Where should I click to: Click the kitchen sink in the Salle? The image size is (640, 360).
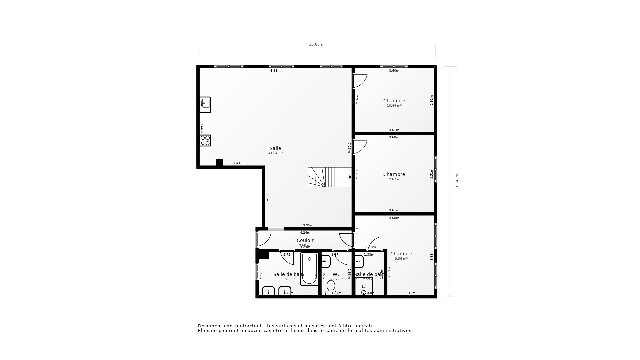(x=205, y=104)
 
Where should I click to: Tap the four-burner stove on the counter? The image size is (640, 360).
(x=205, y=140)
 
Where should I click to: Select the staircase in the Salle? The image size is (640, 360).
(x=329, y=177)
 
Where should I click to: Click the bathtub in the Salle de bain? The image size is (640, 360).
(x=309, y=269)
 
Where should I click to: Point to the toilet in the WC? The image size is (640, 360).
(x=331, y=287)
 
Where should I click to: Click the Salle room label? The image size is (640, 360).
(x=275, y=148)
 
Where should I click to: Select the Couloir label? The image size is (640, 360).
(x=305, y=240)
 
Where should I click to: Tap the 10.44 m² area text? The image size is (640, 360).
(x=394, y=106)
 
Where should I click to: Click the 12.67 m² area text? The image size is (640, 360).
(x=394, y=179)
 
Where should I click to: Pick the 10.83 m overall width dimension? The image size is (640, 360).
(x=317, y=44)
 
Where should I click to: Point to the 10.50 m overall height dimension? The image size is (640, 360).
(x=457, y=181)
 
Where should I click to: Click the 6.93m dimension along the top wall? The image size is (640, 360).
(x=275, y=71)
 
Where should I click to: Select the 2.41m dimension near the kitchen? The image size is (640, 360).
(x=238, y=163)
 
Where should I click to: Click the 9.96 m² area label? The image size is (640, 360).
(x=401, y=259)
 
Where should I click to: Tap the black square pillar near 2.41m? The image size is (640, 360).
(x=220, y=162)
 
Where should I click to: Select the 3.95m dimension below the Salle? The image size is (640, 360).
(x=308, y=225)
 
